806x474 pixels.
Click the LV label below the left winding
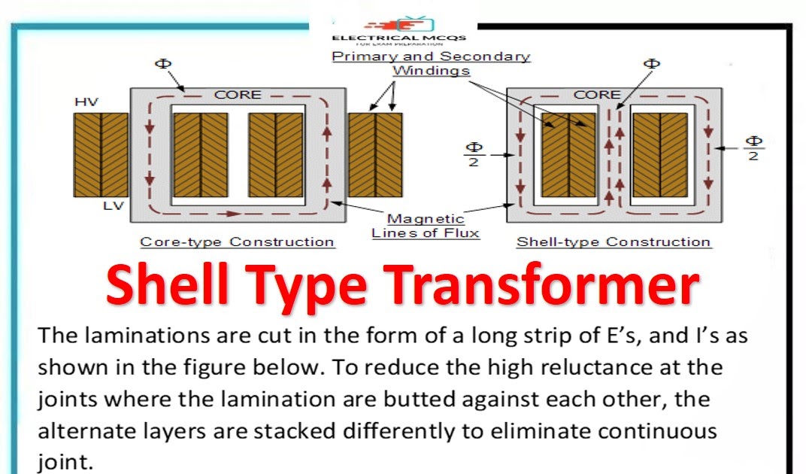pyautogui.click(x=113, y=205)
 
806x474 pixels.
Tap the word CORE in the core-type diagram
pyautogui.click(x=238, y=95)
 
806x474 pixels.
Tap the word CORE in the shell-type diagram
pyautogui.click(x=597, y=95)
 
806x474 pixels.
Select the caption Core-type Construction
pyautogui.click(x=238, y=242)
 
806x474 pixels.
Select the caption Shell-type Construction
pyautogui.click(x=613, y=242)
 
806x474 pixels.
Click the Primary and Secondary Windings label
pyautogui.click(x=431, y=64)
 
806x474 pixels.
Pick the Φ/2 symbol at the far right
pyautogui.click(x=753, y=148)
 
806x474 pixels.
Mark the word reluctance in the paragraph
pyautogui.click(x=582, y=368)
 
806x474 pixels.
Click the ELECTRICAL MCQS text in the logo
pyautogui.click(x=399, y=38)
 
